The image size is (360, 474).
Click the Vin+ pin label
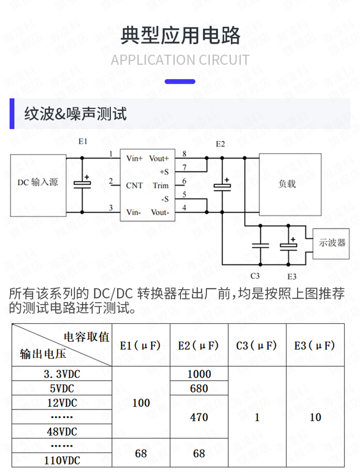134,158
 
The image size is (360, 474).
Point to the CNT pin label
134,185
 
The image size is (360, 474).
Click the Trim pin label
160,185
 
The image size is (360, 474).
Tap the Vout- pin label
160,212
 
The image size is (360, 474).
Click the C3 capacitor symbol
260,245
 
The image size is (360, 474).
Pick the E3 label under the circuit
292,276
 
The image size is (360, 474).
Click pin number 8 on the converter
184,153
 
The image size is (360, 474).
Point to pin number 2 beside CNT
111,181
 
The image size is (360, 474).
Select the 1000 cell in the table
199,374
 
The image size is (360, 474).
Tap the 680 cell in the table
199,388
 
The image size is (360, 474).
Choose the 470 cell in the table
199,417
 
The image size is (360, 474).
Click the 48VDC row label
62,431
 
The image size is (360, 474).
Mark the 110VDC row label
62,460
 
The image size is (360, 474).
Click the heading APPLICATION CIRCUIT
180,60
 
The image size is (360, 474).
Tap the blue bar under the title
180,82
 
